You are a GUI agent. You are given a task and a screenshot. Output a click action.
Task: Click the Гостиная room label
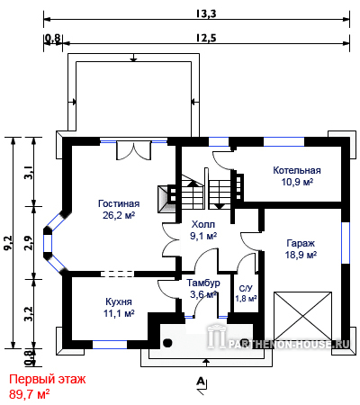pos(119,203)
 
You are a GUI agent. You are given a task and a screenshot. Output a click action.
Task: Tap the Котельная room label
pos(297,170)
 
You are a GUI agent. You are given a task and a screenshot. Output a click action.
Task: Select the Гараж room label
pos(301,243)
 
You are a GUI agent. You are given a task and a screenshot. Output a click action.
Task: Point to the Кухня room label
pos(119,301)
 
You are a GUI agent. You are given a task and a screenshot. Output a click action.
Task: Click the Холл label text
pos(203,224)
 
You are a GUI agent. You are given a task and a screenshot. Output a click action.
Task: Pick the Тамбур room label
pos(203,283)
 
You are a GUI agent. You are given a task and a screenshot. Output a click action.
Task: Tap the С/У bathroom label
pos(246,289)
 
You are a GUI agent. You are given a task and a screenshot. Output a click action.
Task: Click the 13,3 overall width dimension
pos(206,13)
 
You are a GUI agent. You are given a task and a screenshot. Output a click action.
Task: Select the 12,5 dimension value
pos(206,38)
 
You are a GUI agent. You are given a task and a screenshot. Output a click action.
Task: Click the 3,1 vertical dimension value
pos(29,173)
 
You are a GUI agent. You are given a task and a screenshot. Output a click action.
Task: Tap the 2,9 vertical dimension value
pos(29,243)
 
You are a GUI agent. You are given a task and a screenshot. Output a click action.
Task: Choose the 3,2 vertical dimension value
pos(29,314)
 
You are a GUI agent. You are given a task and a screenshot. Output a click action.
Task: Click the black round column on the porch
pos(167,343)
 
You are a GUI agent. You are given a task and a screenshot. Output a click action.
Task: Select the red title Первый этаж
pos(48,380)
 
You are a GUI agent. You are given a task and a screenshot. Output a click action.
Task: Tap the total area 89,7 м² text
pos(29,394)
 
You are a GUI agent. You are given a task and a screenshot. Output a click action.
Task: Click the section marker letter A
pos(201,382)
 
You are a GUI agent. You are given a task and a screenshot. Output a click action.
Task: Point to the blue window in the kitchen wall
pos(110,345)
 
